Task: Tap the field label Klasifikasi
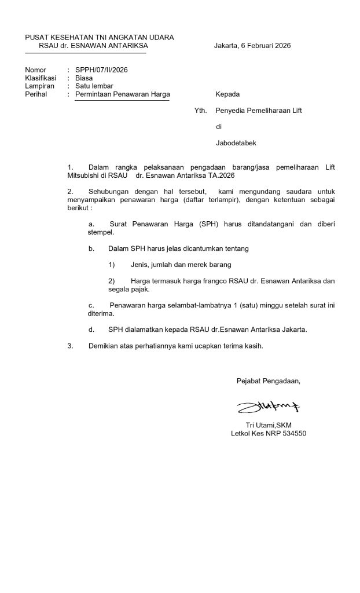[40, 78]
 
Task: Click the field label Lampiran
[39, 86]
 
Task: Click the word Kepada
[227, 94]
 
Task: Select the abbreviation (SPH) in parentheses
[191, 224]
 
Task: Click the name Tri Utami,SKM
[269, 425]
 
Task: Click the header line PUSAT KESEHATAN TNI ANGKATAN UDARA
[99, 38]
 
